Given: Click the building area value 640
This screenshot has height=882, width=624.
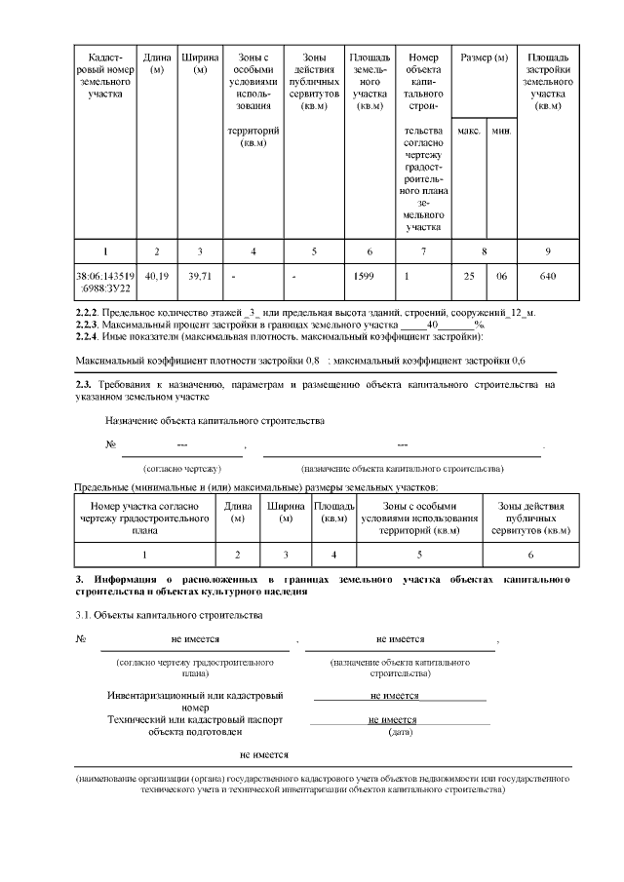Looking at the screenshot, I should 547,276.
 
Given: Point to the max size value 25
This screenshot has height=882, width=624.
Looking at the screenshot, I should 469,276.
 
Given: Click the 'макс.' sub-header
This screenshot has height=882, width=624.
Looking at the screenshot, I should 469,130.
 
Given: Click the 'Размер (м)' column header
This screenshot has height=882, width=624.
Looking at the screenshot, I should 485,58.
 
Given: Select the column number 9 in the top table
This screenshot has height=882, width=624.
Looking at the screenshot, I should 547,251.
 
